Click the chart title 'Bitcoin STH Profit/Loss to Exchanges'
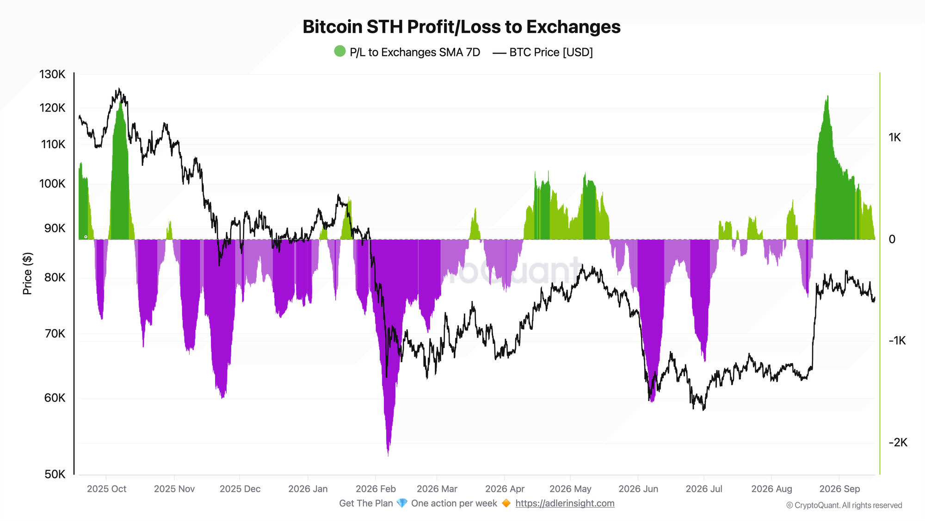[x=462, y=27]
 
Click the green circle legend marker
[x=340, y=51]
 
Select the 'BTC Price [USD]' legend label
[x=551, y=52]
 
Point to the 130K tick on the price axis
[x=52, y=74]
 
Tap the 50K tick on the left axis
[x=55, y=474]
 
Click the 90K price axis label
[x=55, y=228]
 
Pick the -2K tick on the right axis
[x=898, y=443]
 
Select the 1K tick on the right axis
[x=894, y=138]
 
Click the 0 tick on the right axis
[x=892, y=239]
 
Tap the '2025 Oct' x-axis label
[x=106, y=489]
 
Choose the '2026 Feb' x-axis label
[x=376, y=489]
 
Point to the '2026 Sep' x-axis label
[x=839, y=489]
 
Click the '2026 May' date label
[x=570, y=489]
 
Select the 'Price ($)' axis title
[x=27, y=274]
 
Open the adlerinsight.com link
[x=565, y=503]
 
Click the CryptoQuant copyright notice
[x=844, y=505]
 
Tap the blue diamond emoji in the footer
[x=402, y=503]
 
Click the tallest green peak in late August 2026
[x=827, y=96]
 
